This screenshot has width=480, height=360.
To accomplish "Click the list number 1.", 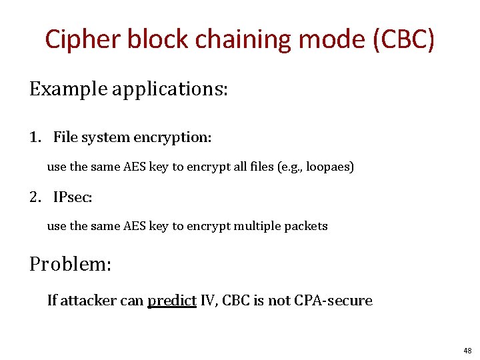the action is coord(35,138).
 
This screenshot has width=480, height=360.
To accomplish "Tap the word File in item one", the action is coord(65,138).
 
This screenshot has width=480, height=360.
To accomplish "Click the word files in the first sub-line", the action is coord(253,167).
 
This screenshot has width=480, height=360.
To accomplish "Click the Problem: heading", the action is coord(70,264).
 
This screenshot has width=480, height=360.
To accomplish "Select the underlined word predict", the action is coord(171,301).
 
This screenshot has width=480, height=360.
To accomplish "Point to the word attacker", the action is coord(89,301).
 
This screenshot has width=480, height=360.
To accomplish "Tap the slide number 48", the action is coord(466,351).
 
